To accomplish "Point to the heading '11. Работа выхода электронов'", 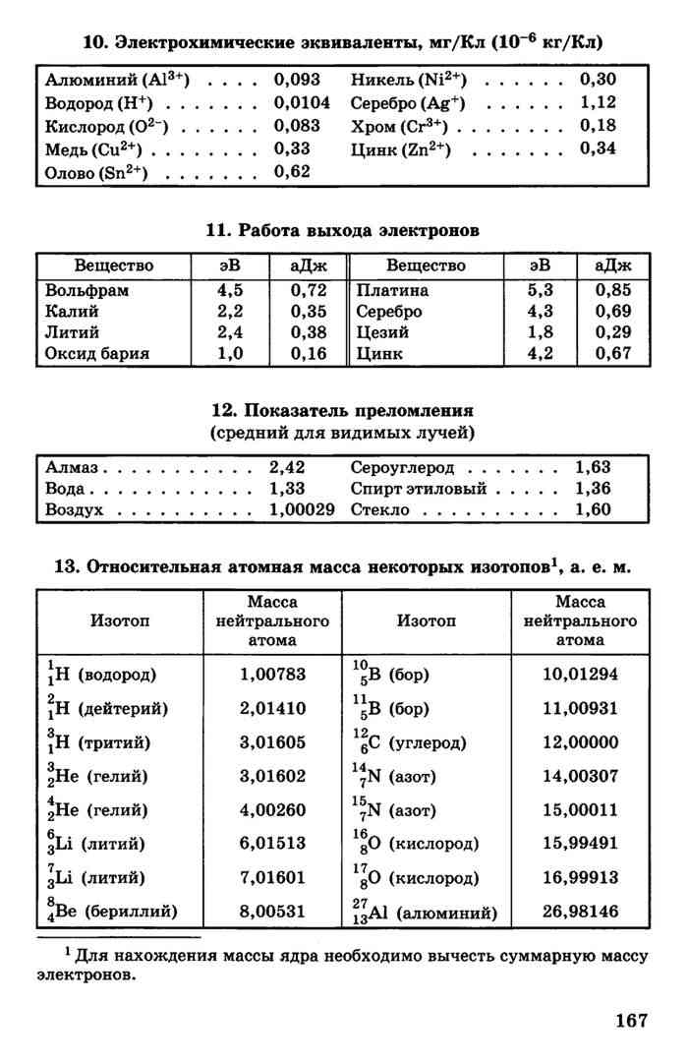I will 343,230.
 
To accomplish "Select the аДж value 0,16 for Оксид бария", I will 310,353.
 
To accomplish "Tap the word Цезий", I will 383,332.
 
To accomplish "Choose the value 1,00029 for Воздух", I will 302,509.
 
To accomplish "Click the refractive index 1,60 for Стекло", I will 593,509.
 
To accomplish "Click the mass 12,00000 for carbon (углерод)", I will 580,741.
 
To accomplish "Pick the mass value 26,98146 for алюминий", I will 580,912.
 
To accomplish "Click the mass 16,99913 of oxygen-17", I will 580,877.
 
